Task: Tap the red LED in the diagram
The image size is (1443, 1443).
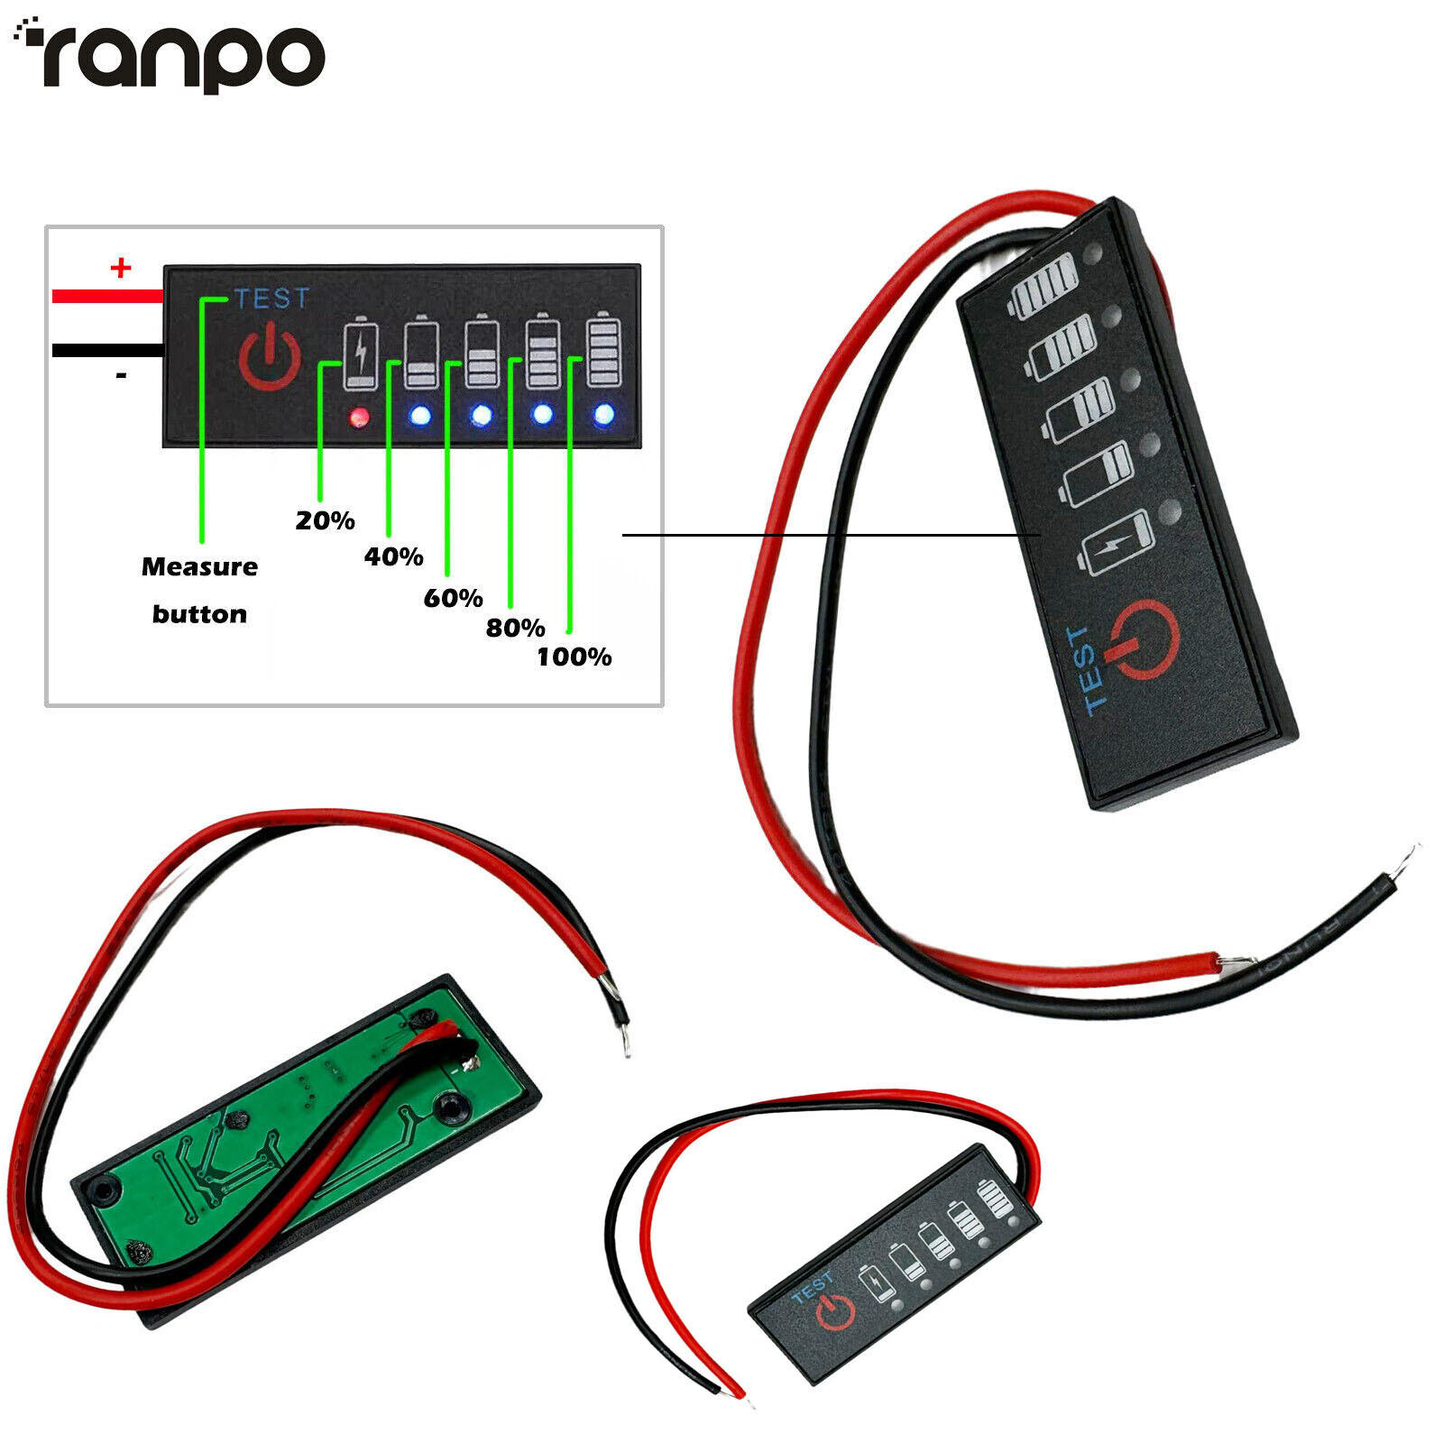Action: pos(359,417)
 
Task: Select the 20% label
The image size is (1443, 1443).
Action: pos(325,520)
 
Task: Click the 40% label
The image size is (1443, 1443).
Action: pos(393,556)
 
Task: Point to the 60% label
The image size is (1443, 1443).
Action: pos(453,598)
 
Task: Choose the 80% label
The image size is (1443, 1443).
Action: pos(515,628)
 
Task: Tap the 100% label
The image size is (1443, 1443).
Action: pos(574,657)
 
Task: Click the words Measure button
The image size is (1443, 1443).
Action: pos(199,590)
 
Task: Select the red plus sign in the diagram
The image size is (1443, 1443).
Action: pos(120,268)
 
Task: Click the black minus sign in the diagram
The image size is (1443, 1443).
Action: pos(121,375)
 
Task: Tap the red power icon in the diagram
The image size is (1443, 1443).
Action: pos(269,358)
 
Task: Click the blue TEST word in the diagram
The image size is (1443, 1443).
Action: pos(271,299)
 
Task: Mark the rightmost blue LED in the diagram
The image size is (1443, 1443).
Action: pos(603,415)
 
